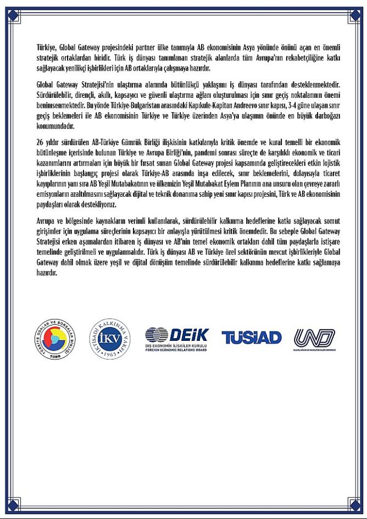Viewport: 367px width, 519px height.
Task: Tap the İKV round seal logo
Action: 109,336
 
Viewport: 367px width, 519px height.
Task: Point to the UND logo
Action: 314,338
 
